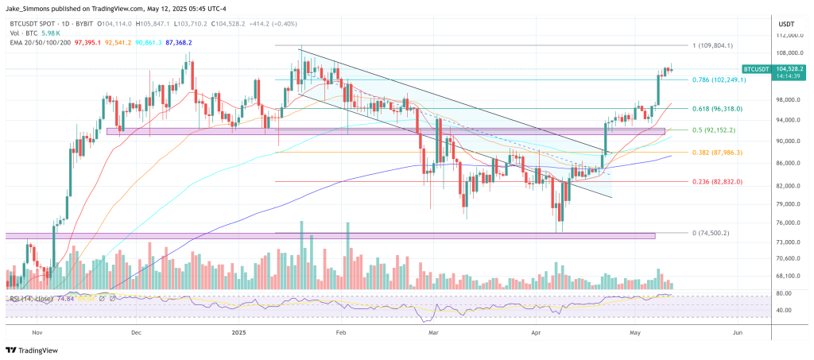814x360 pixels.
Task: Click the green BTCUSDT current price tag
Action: [x=767, y=69]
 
